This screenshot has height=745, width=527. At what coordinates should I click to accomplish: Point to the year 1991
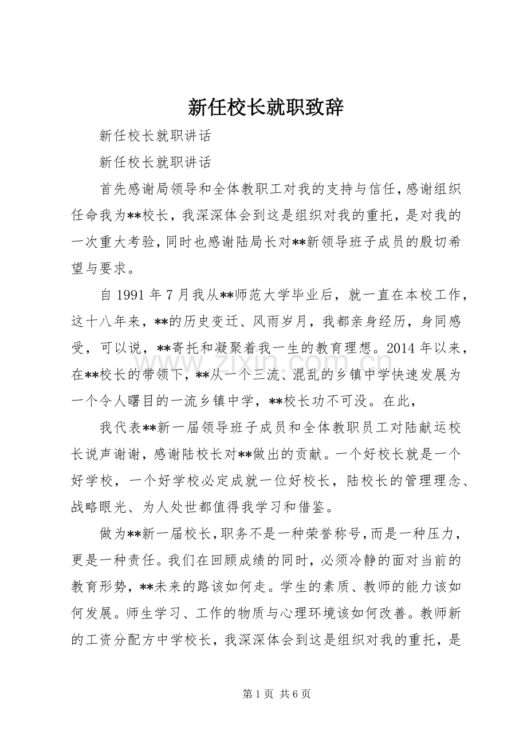pyautogui.click(x=132, y=296)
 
